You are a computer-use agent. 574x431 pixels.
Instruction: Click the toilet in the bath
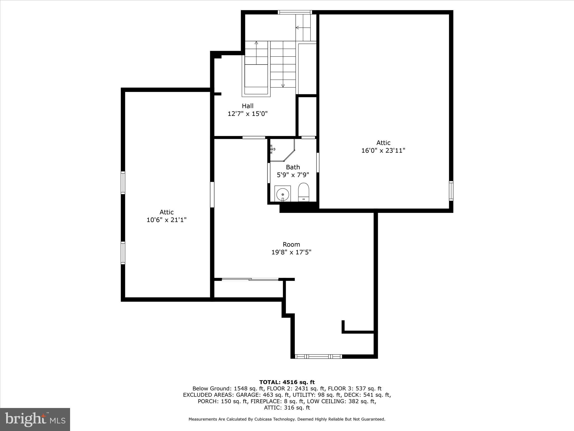click(x=303, y=192)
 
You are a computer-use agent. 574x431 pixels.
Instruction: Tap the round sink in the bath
click(x=283, y=194)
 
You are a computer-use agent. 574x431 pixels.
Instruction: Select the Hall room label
click(x=247, y=106)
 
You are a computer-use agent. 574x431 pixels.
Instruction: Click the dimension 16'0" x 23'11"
click(x=383, y=150)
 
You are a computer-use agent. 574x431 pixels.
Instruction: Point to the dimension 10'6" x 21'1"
click(x=166, y=220)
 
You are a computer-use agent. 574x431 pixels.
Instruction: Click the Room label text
click(x=291, y=244)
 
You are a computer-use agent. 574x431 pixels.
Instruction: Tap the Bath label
click(x=293, y=167)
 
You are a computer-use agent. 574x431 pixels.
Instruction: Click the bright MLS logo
click(x=35, y=419)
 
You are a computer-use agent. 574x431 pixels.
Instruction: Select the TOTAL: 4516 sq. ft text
click(x=287, y=382)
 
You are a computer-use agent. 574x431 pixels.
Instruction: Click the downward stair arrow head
click(x=283, y=86)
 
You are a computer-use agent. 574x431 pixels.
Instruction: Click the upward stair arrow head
click(x=256, y=43)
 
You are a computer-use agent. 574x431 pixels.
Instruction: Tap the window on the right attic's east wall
click(x=451, y=191)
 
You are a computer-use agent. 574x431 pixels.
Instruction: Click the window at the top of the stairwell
click(x=295, y=12)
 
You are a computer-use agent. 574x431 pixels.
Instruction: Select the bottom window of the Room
click(x=319, y=356)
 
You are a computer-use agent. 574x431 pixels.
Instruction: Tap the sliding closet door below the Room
click(x=250, y=279)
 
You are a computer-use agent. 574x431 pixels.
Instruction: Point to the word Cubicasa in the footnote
click(x=265, y=419)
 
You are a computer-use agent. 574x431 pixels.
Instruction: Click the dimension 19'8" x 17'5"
click(x=291, y=252)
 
